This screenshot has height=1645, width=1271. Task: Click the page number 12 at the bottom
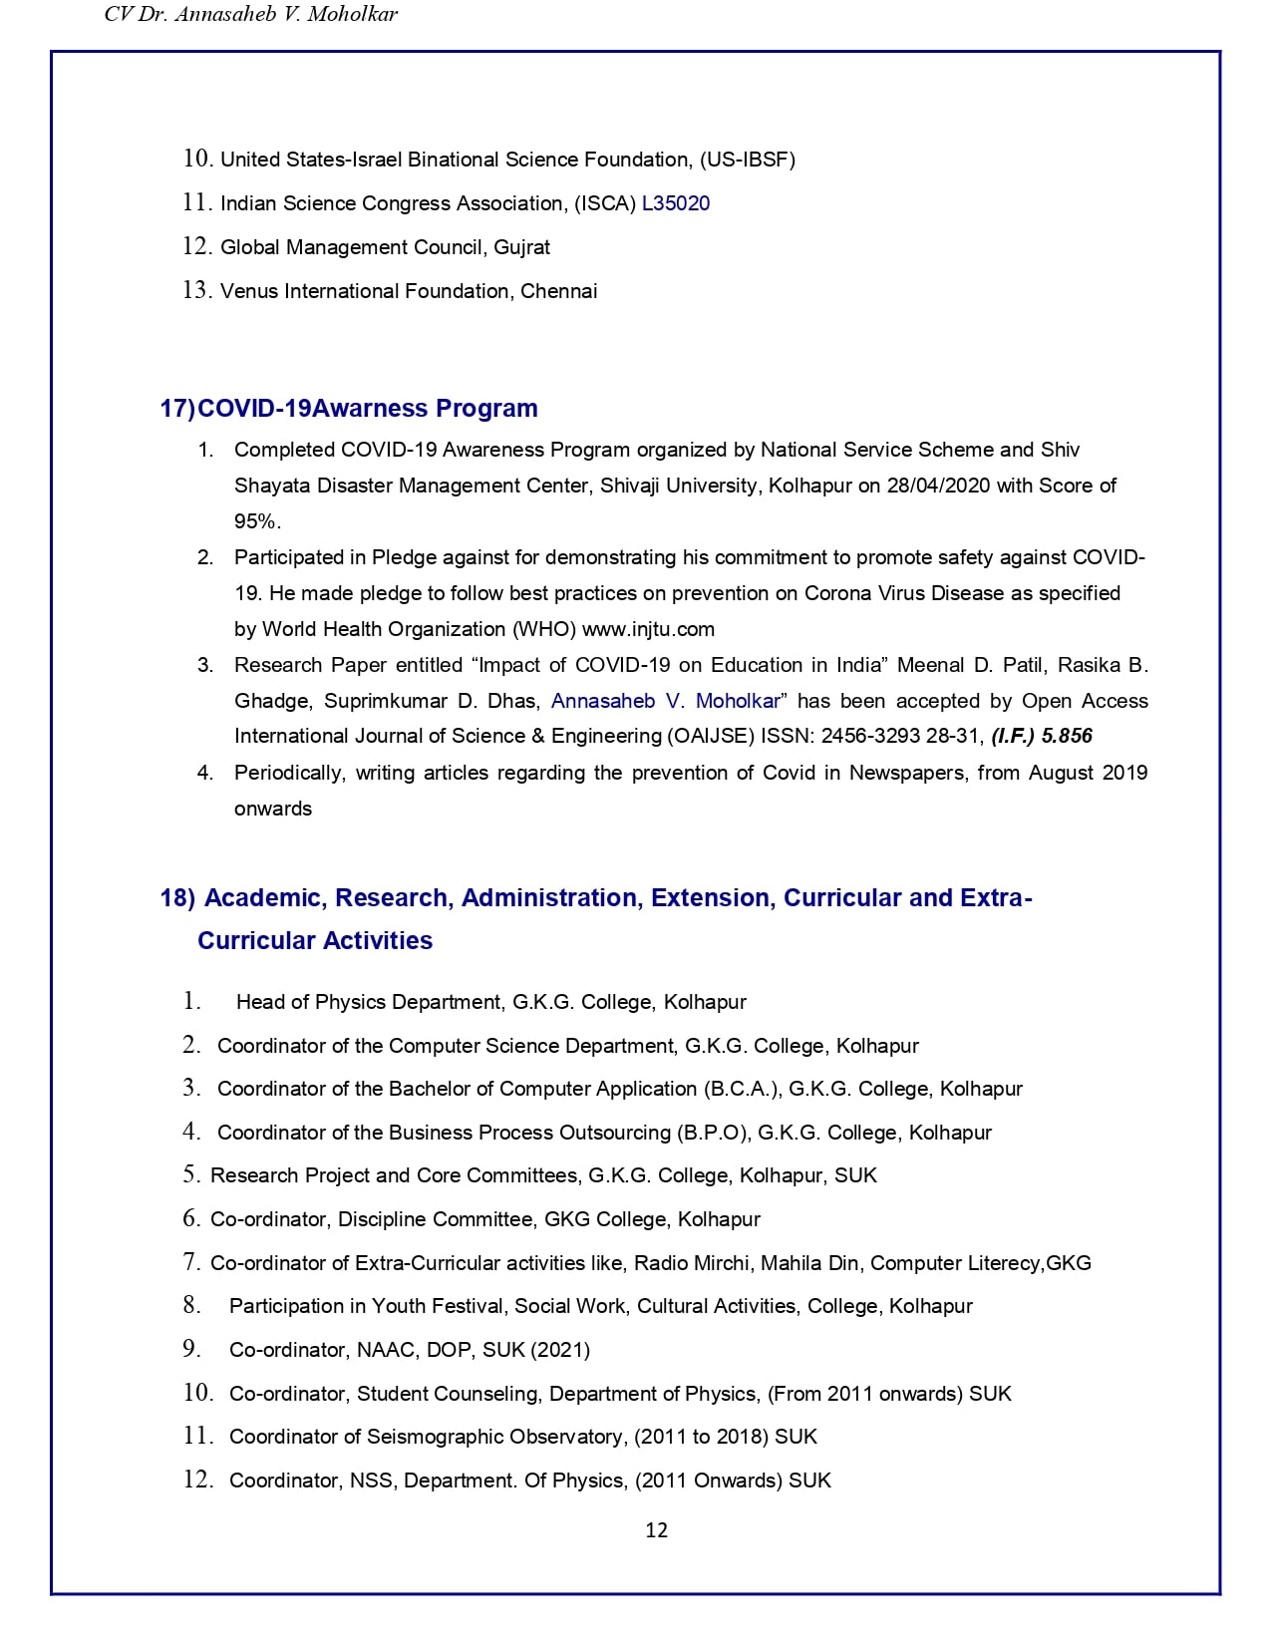click(656, 1530)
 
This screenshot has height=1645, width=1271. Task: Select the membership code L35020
click(676, 203)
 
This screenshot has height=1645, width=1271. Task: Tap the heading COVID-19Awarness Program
click(368, 408)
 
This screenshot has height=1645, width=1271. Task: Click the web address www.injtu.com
click(648, 629)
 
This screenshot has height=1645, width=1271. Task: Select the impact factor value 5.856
click(1067, 736)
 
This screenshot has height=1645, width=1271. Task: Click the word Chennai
click(559, 291)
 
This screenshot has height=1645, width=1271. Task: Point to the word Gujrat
click(522, 247)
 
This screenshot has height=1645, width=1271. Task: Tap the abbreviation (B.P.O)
click(713, 1133)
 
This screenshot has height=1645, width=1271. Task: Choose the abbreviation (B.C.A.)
click(742, 1089)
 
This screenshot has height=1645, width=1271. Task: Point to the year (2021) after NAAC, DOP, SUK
click(560, 1350)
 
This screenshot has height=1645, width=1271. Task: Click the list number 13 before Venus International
click(196, 290)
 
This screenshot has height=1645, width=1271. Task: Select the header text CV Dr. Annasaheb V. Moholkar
click(251, 14)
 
